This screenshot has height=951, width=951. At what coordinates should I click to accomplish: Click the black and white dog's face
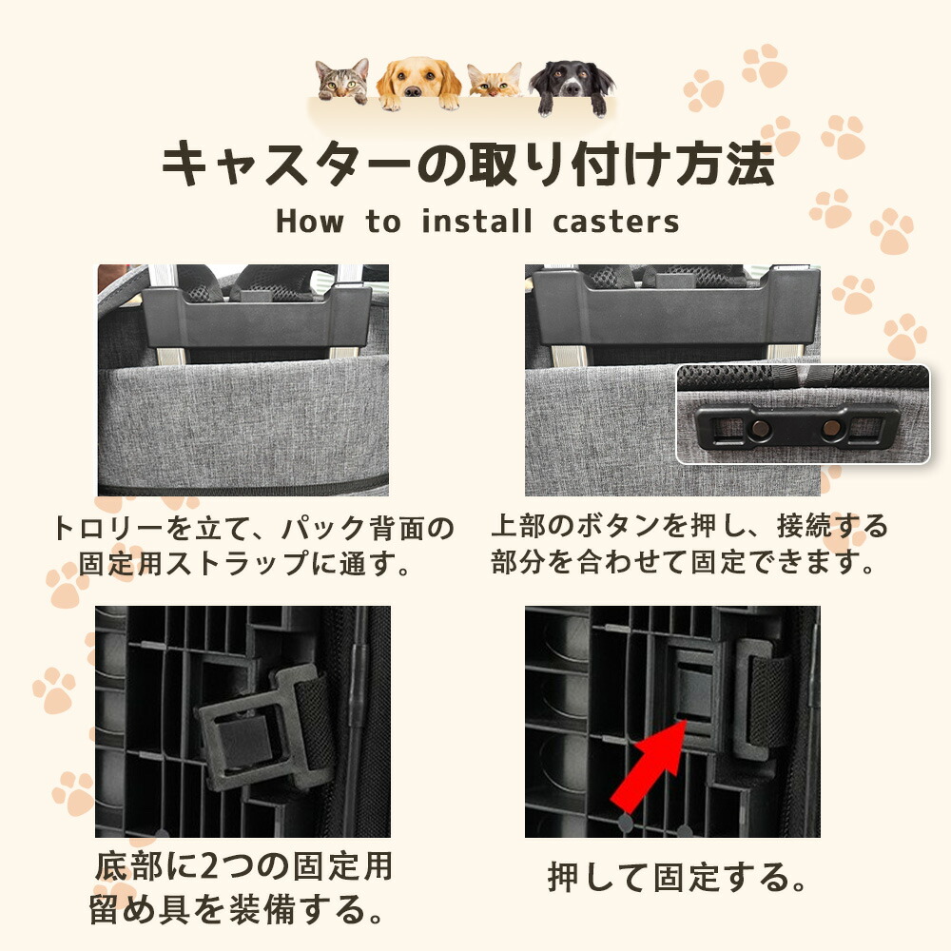click(570, 82)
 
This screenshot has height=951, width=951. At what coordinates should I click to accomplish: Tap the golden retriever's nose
click(413, 91)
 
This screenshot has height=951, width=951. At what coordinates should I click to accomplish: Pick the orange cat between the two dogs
click(495, 81)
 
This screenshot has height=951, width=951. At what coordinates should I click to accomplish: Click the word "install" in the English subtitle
click(476, 222)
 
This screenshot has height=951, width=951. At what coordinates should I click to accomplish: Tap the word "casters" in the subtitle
click(615, 223)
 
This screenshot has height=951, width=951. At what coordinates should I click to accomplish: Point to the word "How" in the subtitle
click(310, 222)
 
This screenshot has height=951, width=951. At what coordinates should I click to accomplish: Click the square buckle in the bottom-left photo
click(243, 734)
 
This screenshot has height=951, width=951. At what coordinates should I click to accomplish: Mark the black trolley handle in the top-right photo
click(676, 307)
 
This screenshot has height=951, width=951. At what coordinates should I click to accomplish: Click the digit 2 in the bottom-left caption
click(208, 866)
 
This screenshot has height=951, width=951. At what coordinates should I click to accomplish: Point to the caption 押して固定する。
click(677, 878)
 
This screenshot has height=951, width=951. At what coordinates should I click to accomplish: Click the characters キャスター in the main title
click(287, 164)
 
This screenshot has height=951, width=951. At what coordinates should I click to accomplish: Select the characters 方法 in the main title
click(726, 163)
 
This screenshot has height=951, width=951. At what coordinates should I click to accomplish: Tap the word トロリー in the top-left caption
click(109, 528)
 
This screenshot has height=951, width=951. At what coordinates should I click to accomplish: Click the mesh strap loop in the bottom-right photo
click(765, 701)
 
